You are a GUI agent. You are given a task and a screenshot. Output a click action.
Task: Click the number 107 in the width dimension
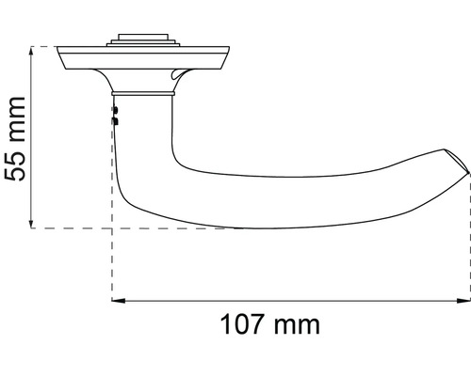coord(244,326)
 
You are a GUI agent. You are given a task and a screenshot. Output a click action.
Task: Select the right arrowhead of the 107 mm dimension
coord(463,301)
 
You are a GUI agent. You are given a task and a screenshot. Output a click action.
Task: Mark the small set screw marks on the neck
coord(115,117)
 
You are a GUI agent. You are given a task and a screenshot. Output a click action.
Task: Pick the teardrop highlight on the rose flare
coord(177,74)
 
